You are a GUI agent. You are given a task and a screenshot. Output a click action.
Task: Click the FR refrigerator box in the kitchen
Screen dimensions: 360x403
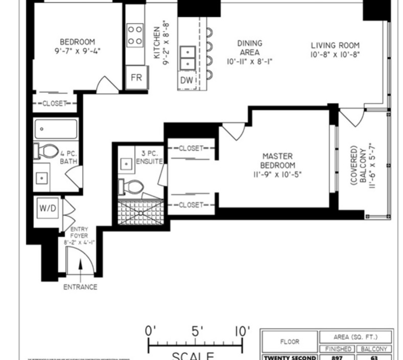click(136, 78)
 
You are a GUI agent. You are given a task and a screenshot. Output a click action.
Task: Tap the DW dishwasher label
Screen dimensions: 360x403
click(186, 80)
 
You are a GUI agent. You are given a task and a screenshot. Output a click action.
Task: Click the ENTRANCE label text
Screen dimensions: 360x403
click(80, 287)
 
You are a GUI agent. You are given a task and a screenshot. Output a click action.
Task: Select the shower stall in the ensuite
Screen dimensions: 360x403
click(139, 212)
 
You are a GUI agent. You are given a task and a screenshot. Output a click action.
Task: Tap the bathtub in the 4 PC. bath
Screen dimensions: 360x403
click(56, 129)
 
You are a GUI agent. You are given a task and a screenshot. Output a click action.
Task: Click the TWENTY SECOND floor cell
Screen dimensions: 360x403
click(289, 358)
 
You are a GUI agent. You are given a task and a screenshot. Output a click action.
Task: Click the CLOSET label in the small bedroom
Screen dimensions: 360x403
click(55, 103)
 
